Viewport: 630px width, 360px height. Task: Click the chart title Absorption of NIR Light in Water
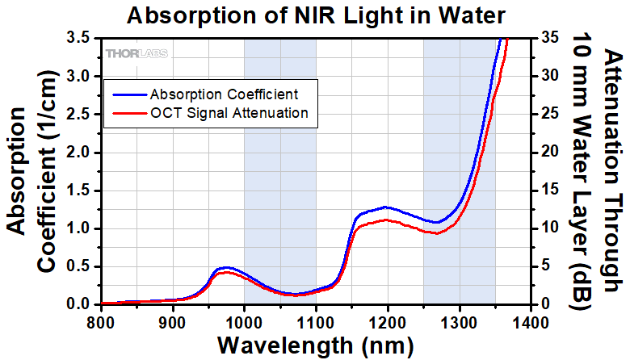(x=315, y=15)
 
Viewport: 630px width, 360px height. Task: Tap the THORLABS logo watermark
(x=135, y=54)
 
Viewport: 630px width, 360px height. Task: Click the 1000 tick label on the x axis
(x=245, y=322)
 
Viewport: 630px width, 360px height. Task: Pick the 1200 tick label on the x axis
(x=388, y=322)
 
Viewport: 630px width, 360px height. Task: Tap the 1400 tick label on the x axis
(x=531, y=322)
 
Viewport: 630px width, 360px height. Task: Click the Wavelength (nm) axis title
(x=315, y=345)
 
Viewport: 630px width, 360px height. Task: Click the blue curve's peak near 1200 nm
(x=386, y=207)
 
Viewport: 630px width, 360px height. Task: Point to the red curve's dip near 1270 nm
(x=436, y=233)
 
